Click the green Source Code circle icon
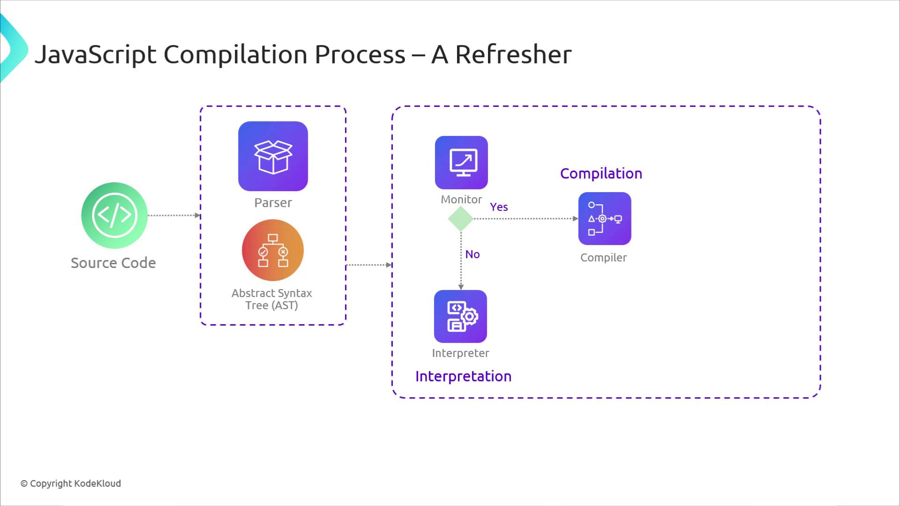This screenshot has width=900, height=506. (x=114, y=215)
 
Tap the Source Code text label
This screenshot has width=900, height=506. (x=113, y=263)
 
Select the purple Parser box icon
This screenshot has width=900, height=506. (x=273, y=156)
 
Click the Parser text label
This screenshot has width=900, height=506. (x=273, y=203)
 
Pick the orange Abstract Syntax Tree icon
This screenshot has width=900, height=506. (x=273, y=250)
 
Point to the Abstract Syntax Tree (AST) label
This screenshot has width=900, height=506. (x=272, y=299)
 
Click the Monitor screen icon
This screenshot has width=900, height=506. (x=461, y=163)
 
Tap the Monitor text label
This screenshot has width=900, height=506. (x=461, y=200)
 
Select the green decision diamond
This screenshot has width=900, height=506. (x=461, y=219)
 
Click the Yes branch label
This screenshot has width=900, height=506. (x=499, y=207)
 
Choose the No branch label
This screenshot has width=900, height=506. (x=472, y=254)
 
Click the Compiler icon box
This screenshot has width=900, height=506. (x=605, y=218)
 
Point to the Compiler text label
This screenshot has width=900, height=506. (x=603, y=258)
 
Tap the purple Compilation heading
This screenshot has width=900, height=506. (x=601, y=174)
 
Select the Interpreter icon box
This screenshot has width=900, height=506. (x=460, y=316)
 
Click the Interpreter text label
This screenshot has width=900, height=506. (x=460, y=353)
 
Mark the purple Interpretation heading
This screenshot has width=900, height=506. (x=463, y=376)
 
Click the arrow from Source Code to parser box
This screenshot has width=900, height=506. (x=173, y=216)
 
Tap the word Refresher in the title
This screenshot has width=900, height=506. (x=513, y=54)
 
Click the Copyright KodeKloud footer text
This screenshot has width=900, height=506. (x=71, y=484)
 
